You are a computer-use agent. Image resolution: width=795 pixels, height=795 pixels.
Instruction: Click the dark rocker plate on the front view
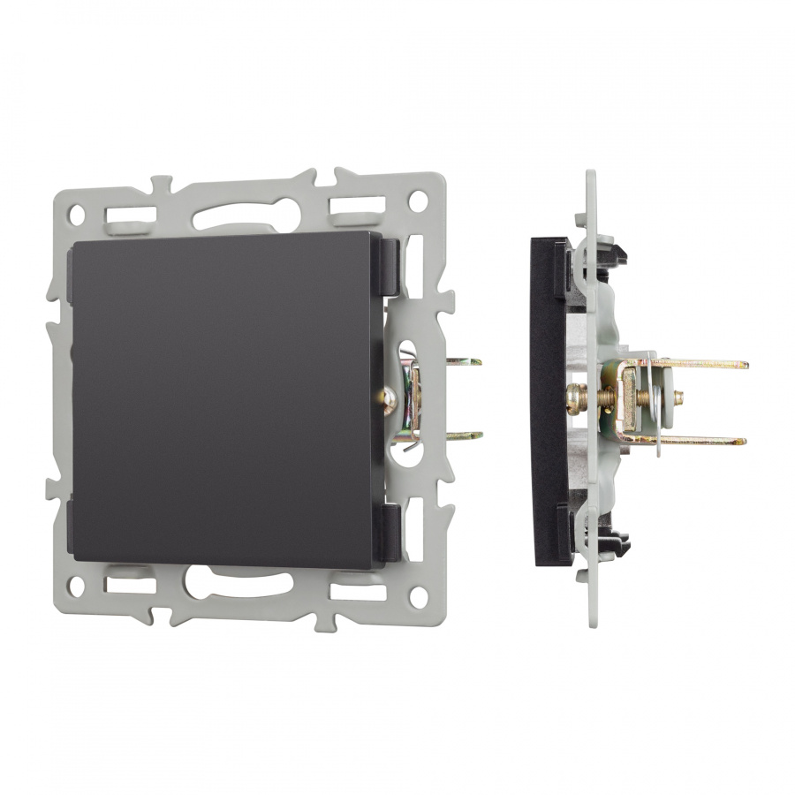(x=225, y=402)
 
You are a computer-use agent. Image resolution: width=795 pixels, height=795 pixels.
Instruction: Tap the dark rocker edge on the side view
(x=539, y=397)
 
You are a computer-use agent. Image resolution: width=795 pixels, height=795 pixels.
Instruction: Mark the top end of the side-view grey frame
(x=591, y=177)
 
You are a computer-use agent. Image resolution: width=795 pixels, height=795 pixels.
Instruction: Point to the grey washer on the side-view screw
(x=679, y=392)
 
